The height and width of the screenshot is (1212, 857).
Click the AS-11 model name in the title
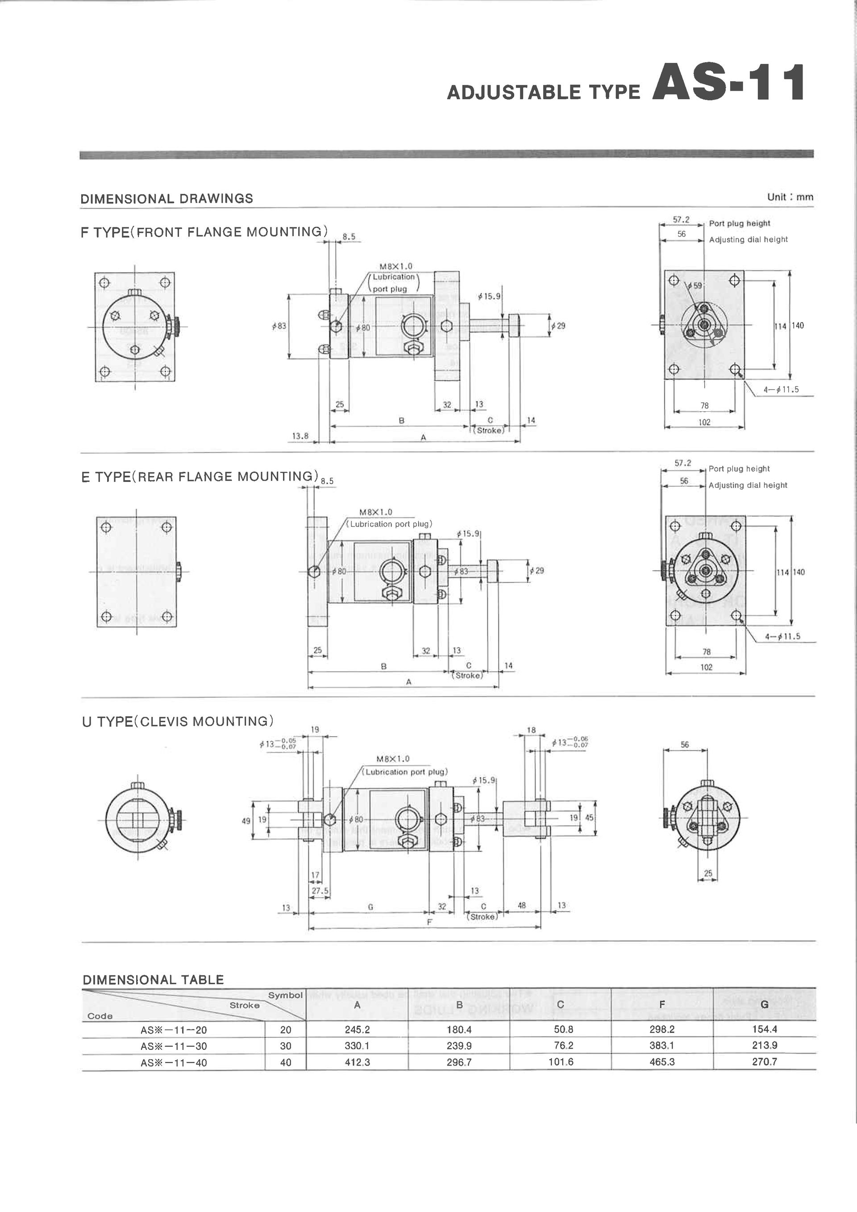[x=728, y=83]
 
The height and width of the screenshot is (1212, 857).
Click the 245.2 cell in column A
[x=357, y=1029]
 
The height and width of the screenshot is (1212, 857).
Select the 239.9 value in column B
[x=458, y=1046]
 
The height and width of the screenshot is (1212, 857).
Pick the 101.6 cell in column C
[x=561, y=1062]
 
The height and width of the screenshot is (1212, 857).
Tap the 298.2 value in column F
[x=662, y=1029]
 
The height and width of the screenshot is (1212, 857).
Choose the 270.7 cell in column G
[x=764, y=1062]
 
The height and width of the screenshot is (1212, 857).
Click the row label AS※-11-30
[x=174, y=1046]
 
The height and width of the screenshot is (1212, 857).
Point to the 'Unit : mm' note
[x=790, y=197]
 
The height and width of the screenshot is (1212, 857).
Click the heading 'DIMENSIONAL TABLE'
[x=153, y=980]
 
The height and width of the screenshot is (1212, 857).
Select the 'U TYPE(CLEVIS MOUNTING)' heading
[x=178, y=721]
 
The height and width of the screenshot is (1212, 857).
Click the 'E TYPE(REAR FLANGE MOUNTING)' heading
[x=200, y=476]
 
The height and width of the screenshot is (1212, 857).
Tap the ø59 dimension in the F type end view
[x=696, y=285]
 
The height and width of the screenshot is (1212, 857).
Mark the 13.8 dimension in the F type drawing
[x=300, y=436]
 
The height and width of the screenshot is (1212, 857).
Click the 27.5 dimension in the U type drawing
[x=320, y=891]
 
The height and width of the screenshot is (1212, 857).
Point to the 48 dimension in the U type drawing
[x=521, y=905]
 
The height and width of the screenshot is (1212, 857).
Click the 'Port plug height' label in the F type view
[x=739, y=223]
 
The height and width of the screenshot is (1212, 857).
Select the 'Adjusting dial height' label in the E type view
[x=747, y=485]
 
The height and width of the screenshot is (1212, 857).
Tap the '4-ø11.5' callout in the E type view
[x=782, y=636]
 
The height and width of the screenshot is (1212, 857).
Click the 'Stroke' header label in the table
[x=244, y=1005]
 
